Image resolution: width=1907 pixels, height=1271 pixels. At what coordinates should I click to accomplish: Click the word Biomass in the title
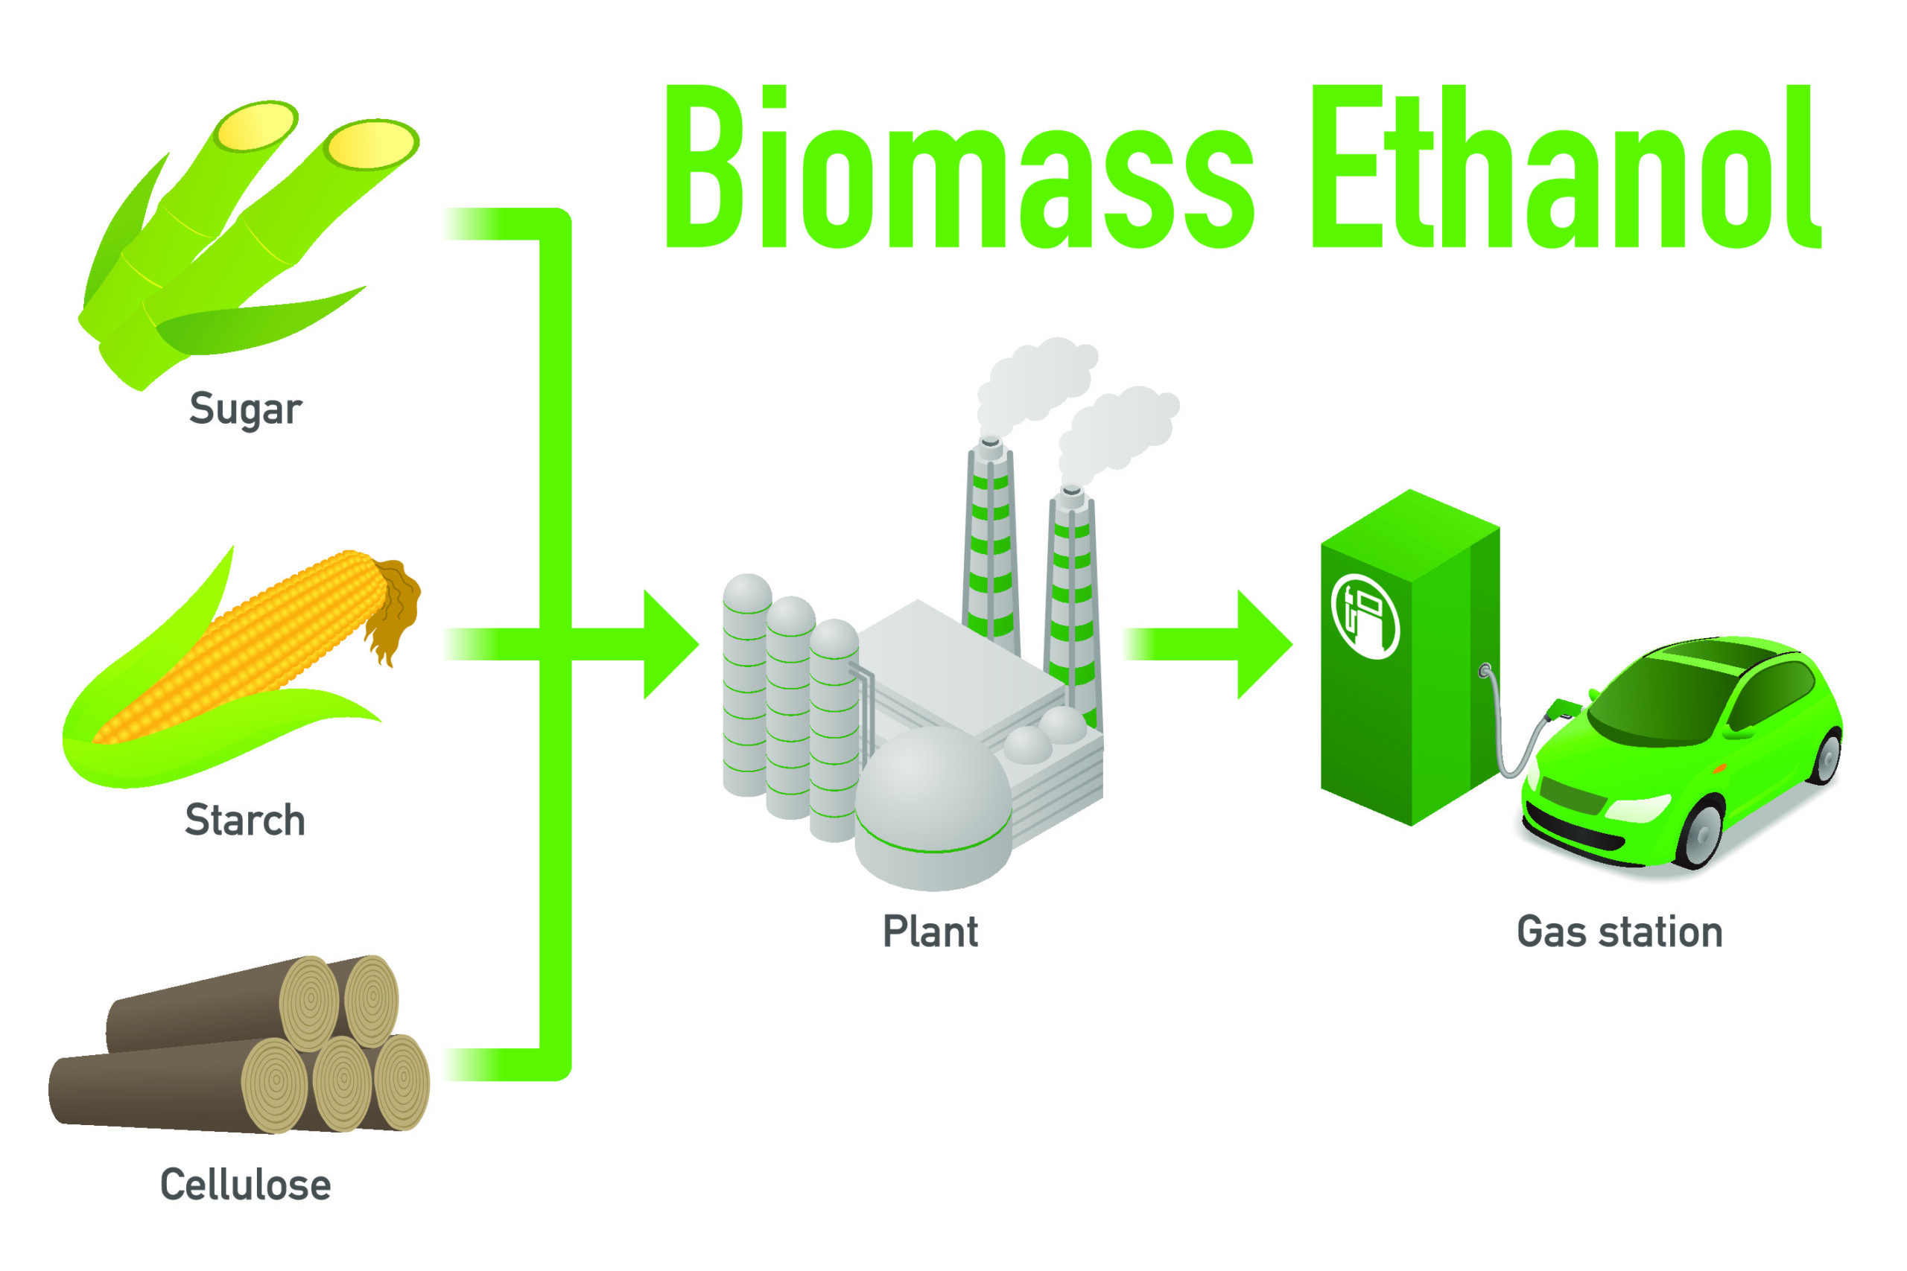959,166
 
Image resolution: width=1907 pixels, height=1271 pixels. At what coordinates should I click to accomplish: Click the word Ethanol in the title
1566,166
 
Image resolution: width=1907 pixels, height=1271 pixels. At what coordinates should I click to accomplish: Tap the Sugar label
245,410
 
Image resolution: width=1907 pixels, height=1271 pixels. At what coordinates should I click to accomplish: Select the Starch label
245,820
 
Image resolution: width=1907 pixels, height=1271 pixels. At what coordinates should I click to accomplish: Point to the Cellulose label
246,1185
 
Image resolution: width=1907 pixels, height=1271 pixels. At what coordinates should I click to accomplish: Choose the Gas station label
1620,931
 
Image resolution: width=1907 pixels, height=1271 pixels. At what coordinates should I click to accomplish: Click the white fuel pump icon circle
1365,616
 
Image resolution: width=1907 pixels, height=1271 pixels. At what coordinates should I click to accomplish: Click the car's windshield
1662,697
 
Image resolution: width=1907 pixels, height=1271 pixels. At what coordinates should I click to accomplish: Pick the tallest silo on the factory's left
746,685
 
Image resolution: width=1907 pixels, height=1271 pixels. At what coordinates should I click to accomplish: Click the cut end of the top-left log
309,1004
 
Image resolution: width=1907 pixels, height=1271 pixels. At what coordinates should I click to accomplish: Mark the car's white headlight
1638,808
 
